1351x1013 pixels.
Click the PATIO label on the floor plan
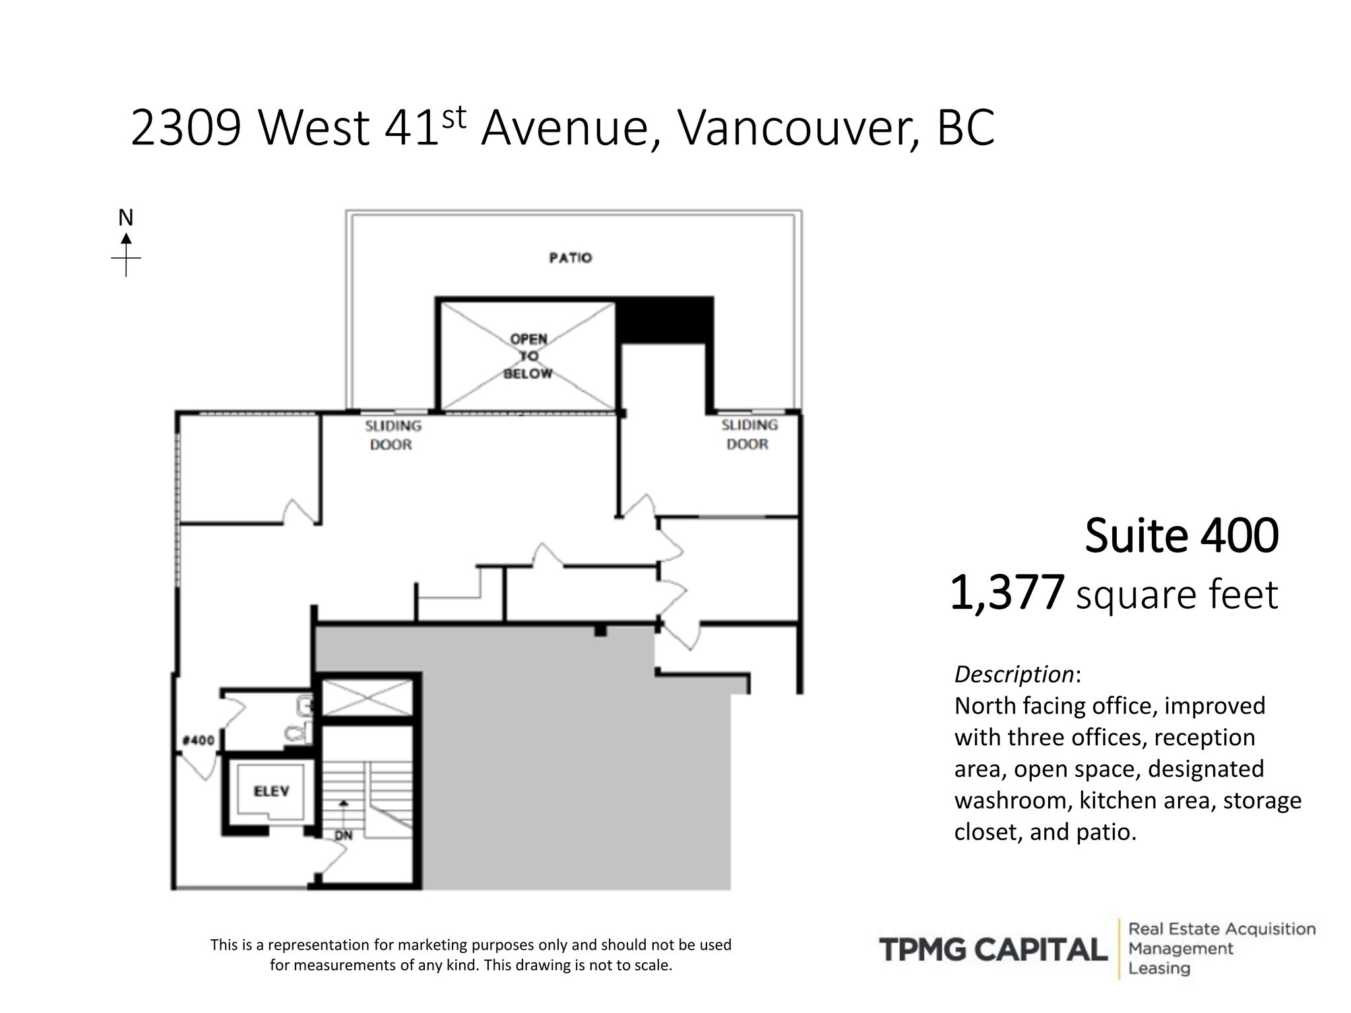click(570, 258)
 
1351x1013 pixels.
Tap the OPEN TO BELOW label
click(528, 356)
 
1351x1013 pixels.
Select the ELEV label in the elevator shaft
click(271, 791)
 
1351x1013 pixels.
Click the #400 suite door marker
click(199, 740)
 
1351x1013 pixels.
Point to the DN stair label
click(343, 836)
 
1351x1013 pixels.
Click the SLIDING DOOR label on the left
click(393, 435)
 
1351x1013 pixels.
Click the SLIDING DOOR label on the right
click(749, 435)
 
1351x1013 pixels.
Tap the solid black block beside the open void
click(664, 320)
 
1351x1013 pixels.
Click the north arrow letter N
click(125, 218)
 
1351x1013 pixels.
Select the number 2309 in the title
click(186, 128)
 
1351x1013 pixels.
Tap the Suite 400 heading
click(1181, 536)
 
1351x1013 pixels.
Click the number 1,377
click(1007, 593)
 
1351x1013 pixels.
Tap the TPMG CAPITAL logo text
click(993, 950)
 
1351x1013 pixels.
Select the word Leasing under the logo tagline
click(1159, 969)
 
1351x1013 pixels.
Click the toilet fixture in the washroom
click(298, 732)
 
